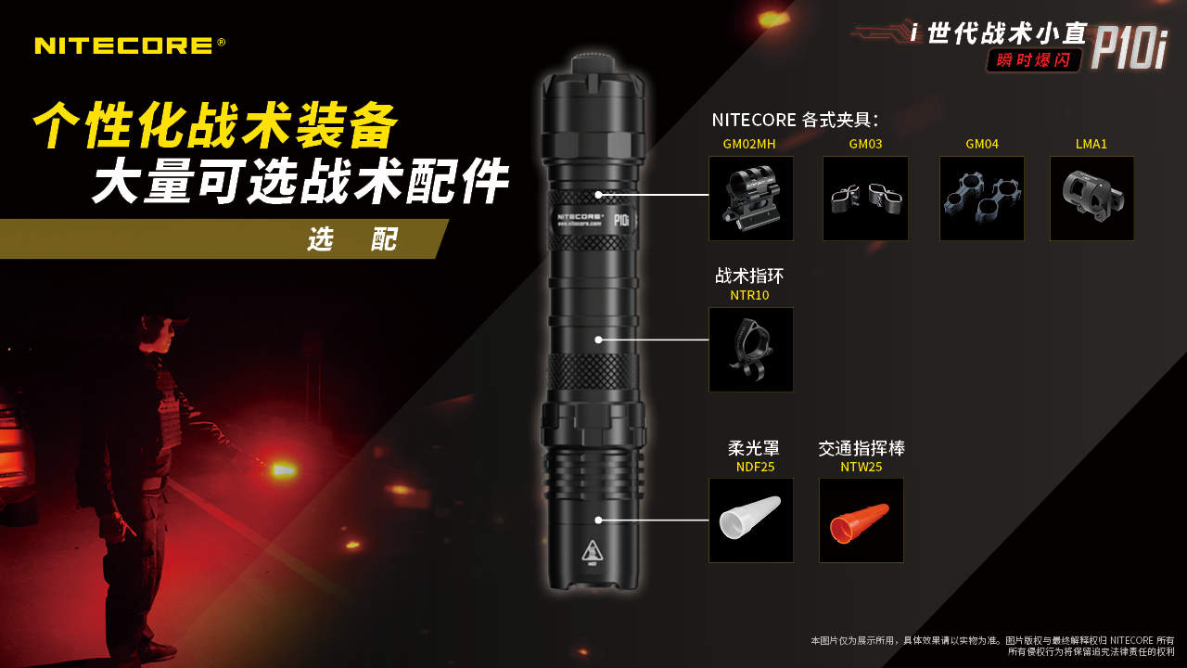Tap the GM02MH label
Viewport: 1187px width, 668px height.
click(x=749, y=144)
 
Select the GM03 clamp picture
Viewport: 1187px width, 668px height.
click(x=865, y=199)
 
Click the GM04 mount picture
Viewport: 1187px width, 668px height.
click(x=982, y=199)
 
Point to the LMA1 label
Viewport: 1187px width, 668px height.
click(x=1091, y=144)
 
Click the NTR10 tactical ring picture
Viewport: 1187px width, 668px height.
click(x=751, y=350)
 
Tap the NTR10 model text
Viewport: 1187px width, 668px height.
click(x=749, y=295)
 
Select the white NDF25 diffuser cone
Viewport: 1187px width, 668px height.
click(x=750, y=517)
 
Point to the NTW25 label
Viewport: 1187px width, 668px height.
click(x=862, y=467)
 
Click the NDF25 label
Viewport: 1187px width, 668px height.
click(x=755, y=467)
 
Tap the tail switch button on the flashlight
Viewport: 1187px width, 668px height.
click(x=593, y=62)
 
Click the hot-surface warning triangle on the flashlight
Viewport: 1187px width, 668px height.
click(x=593, y=552)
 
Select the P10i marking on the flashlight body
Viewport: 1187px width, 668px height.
click(x=621, y=220)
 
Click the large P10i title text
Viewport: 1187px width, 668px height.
click(x=1130, y=50)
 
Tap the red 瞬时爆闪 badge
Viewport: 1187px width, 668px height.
click(x=1033, y=60)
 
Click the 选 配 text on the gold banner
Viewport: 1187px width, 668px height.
click(x=352, y=239)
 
